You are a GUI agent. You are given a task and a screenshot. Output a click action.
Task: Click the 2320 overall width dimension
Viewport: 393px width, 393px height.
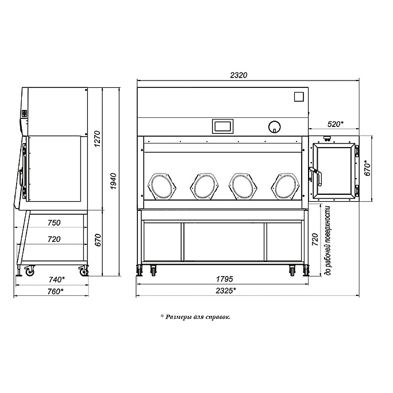(x=238, y=75)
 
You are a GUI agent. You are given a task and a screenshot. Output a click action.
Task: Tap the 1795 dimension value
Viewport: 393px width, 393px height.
(x=224, y=279)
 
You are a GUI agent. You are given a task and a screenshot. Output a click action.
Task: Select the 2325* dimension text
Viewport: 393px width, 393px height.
(x=226, y=291)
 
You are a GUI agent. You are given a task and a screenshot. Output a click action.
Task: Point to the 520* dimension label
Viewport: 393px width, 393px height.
(x=336, y=124)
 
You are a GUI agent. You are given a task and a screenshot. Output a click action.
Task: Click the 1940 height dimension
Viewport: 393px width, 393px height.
(x=113, y=181)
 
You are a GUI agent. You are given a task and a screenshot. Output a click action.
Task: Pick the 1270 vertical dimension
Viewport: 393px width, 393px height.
(x=97, y=139)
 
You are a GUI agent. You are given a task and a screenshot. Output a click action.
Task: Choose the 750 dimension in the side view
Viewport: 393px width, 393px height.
(x=54, y=222)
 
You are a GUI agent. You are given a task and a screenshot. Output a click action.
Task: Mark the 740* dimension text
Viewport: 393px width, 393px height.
(x=57, y=279)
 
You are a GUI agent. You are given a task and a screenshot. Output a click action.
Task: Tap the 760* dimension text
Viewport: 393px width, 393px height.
(x=55, y=291)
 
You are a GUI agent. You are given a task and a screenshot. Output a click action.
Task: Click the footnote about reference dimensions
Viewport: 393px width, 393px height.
(x=195, y=317)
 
